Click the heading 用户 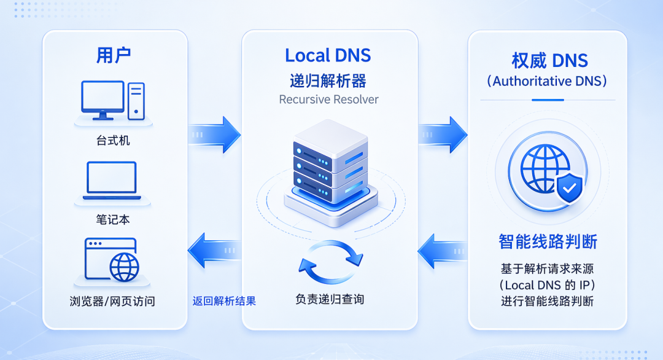114,55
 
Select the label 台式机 113,141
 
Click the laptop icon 112,181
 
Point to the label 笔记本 113,219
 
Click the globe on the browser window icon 124,267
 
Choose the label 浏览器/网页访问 112,301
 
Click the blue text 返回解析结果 224,301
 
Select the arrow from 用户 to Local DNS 214,135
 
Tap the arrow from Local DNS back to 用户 214,251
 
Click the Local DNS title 328,55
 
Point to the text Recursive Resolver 328,100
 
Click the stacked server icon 331,171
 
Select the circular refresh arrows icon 331,262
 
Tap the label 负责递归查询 330,300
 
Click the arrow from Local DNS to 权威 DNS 443,135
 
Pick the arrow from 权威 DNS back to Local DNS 443,252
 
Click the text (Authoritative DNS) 547,81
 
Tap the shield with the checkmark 569,188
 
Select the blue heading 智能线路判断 548,242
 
